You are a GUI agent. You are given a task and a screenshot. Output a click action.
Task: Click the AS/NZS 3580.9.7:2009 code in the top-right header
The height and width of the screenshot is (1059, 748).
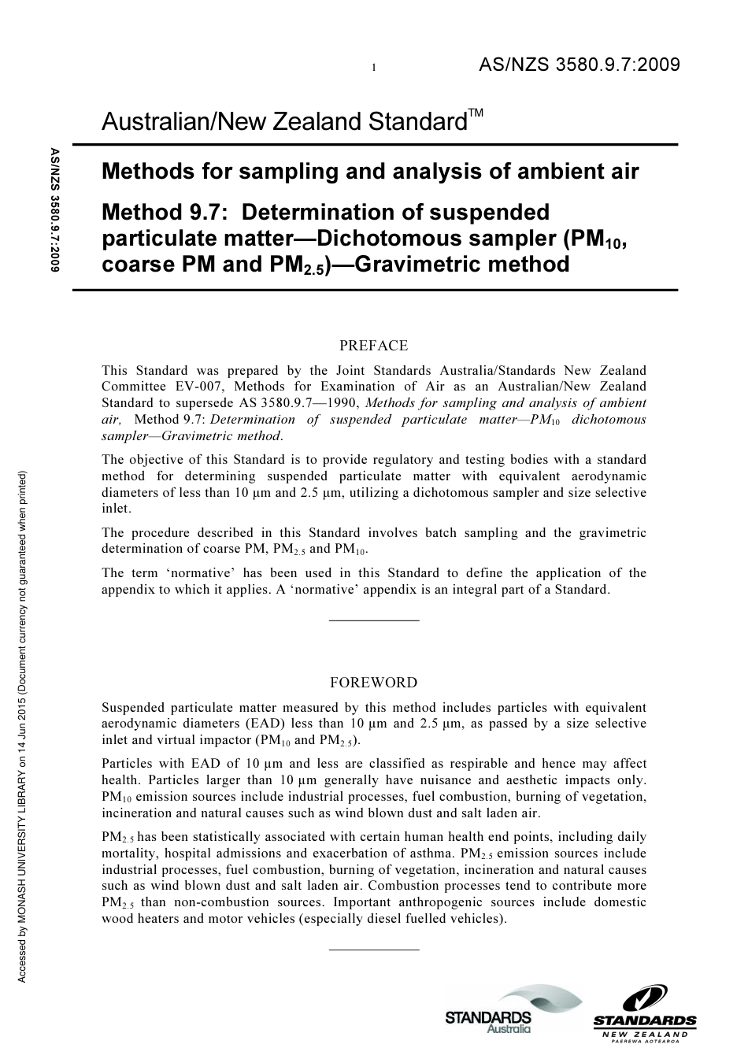[579, 65]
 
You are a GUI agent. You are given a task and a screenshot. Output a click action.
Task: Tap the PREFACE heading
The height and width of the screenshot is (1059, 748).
[373, 346]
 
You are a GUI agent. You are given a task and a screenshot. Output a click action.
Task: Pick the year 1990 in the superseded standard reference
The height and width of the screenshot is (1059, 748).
[340, 403]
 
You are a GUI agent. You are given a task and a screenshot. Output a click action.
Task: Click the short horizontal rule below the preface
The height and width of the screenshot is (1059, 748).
[373, 620]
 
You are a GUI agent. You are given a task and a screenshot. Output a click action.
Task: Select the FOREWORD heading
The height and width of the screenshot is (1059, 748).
[373, 683]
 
